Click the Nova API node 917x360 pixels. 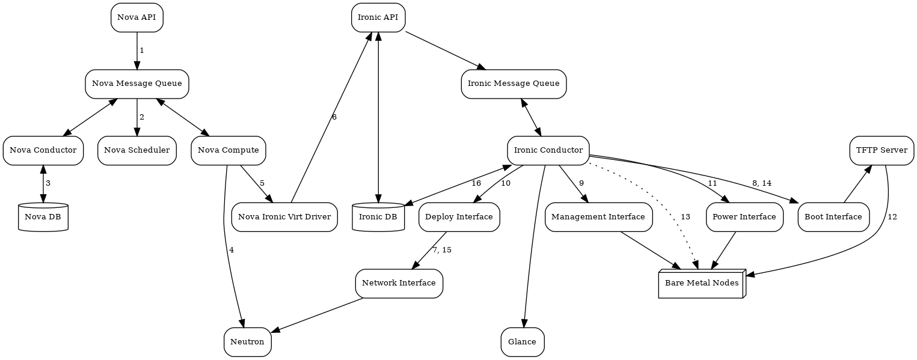pos(137,17)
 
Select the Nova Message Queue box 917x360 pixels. pos(137,84)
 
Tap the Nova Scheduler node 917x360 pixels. pos(137,150)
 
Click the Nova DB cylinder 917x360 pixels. pos(43,217)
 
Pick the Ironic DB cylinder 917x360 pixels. pos(378,217)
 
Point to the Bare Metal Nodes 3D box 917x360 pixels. pos(702,284)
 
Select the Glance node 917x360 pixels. pos(523,342)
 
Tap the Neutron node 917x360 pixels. pos(247,342)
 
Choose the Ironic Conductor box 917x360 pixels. pos(548,150)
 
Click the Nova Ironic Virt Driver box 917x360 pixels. pos(284,217)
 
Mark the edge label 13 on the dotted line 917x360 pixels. pos(685,217)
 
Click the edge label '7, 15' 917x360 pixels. pos(442,250)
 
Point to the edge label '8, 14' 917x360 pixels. pos(761,183)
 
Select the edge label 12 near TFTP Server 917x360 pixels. pos(892,217)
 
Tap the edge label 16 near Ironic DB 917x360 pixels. pos(476,183)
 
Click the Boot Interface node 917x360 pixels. pos(833,217)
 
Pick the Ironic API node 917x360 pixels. pos(378,17)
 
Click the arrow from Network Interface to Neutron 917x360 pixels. pos(319,314)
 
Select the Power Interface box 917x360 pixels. pos(744,217)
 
